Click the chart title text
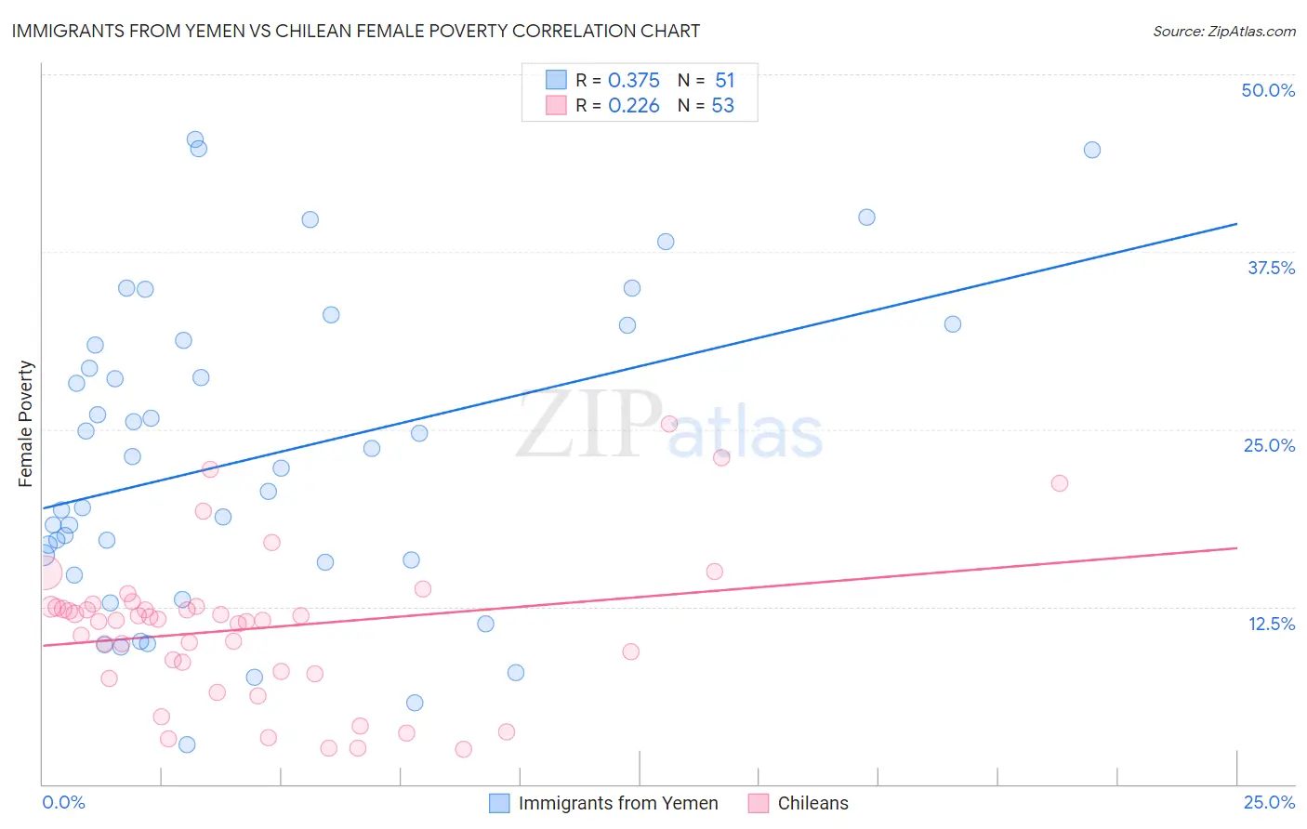pos(356,31)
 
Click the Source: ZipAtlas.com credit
pos(1224,32)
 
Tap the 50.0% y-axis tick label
pos(1268,90)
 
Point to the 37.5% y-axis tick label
pos(1271,268)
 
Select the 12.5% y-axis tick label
pos(1271,624)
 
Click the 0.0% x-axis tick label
pos(63,802)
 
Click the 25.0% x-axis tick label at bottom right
pos(1269,802)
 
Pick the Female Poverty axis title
pos(26,424)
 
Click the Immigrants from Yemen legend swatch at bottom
pos(499,803)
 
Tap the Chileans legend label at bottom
pos(812,803)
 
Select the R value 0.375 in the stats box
pos(633,81)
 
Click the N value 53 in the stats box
pos(722,106)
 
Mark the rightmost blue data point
pos(1092,150)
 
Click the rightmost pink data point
pos(1059,483)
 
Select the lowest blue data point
pos(187,744)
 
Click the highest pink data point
pos(669,424)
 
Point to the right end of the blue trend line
pos(1236,224)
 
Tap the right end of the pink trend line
pos(1236,548)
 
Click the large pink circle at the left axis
pos(45,573)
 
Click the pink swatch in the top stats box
pos(556,105)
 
